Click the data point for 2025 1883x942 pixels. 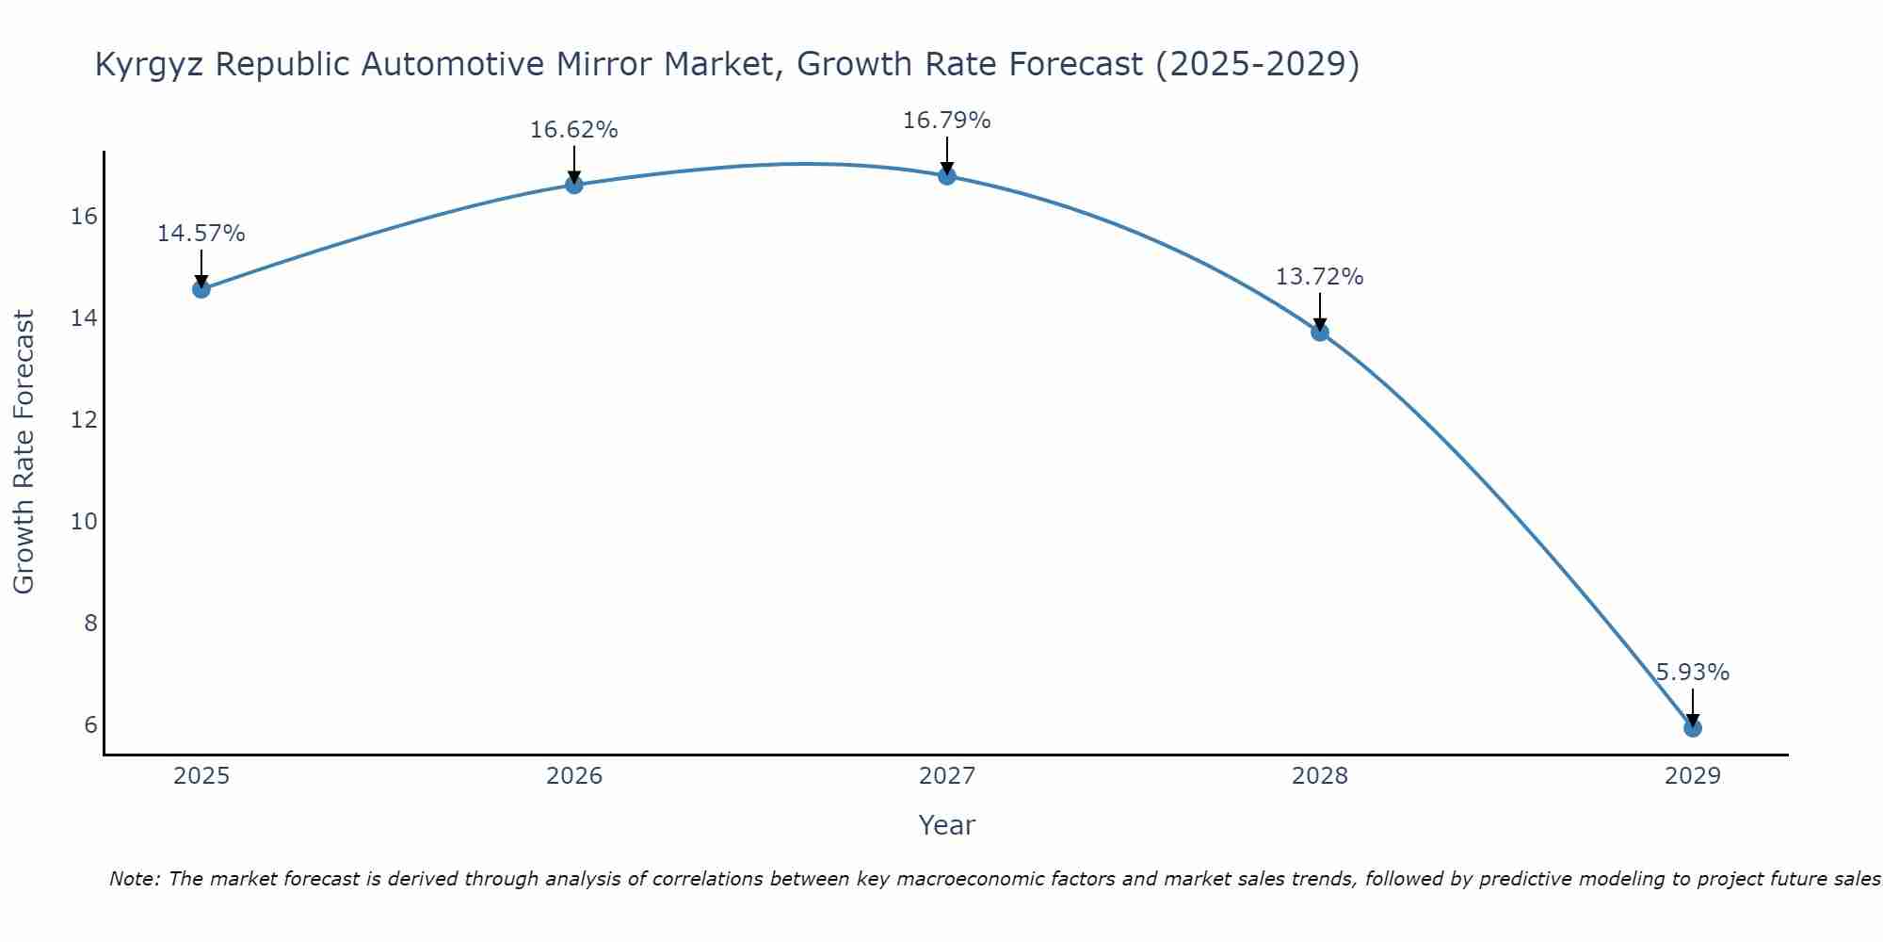(201, 288)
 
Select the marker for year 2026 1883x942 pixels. (573, 185)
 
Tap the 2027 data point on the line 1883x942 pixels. (946, 175)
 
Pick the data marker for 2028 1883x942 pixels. (1319, 332)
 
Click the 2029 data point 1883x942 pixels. (1692, 727)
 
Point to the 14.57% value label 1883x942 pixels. (201, 234)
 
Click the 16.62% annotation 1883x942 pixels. (573, 130)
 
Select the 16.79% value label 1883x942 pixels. (946, 121)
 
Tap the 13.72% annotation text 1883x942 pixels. (1319, 277)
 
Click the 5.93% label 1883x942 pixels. (1692, 673)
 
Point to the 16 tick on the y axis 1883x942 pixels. (84, 217)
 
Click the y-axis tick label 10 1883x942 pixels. (84, 521)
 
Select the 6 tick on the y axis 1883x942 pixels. (90, 724)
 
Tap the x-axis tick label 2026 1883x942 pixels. (573, 776)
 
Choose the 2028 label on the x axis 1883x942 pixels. (1319, 776)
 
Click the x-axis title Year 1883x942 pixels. (946, 825)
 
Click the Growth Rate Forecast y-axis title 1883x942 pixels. (24, 452)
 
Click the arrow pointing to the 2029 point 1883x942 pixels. (1692, 706)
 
